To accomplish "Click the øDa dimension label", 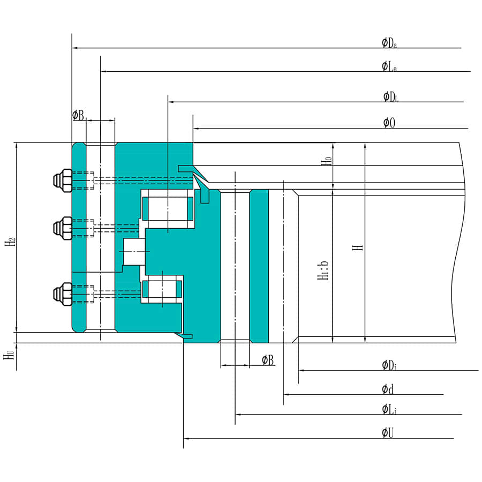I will pyautogui.click(x=389, y=43).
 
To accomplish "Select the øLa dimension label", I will pyautogui.click(x=389, y=66).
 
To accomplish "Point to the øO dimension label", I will pyautogui.click(x=389, y=123).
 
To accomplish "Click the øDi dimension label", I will pyautogui.click(x=389, y=365).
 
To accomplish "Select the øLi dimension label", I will pyautogui.click(x=389, y=410).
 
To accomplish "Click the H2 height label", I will pyautogui.click(x=10, y=242).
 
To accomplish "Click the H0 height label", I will pyautogui.click(x=326, y=160).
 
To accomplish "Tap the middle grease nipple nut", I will pyautogui.click(x=63, y=228).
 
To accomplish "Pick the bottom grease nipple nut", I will pyautogui.click(x=63, y=293).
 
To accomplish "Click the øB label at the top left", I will pyautogui.click(x=78, y=115).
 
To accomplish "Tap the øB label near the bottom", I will pyautogui.click(x=268, y=360).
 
